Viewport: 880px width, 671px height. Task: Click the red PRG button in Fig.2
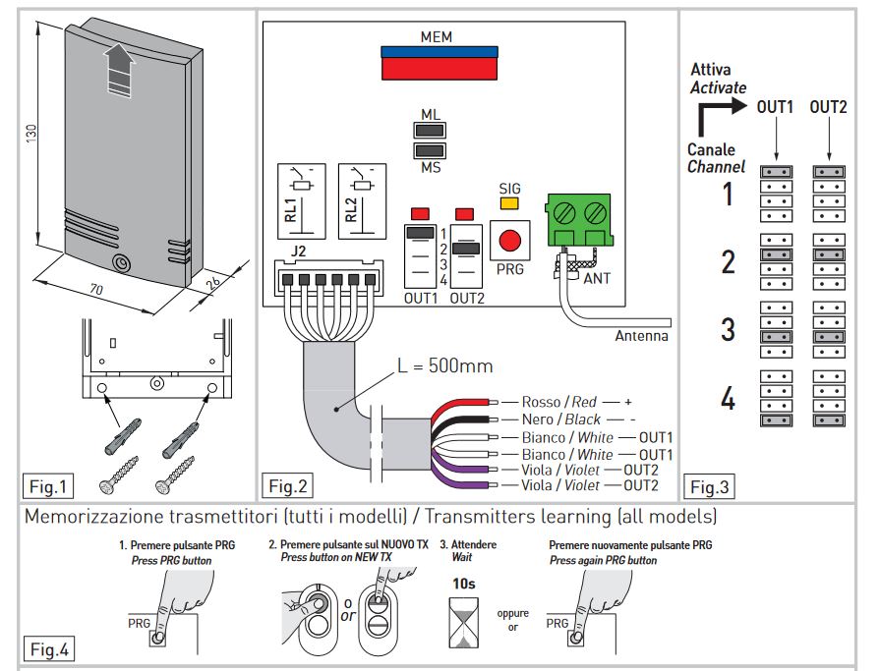coord(508,242)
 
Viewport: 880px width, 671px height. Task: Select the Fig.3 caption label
coord(709,486)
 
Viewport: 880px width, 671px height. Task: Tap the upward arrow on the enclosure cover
coord(117,66)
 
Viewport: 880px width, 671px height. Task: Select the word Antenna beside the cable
coord(641,336)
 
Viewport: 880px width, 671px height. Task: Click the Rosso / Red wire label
coord(559,403)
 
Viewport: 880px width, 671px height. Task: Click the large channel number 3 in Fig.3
coord(728,329)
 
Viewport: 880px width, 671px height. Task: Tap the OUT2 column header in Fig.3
coord(829,106)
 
